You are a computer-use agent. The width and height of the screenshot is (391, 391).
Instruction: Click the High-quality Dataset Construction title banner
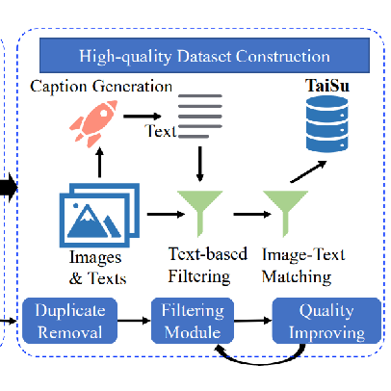[x=204, y=55]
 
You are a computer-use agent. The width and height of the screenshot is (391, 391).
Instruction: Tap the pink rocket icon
[x=94, y=123]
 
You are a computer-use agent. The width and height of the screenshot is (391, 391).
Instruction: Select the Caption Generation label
[x=101, y=87]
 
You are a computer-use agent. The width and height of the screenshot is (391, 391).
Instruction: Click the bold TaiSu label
[x=327, y=86]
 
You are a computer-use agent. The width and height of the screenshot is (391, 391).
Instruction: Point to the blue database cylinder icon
[x=327, y=124]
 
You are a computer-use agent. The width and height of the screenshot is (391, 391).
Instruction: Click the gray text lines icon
[x=200, y=117]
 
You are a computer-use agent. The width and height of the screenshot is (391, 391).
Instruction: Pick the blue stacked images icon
[x=99, y=215]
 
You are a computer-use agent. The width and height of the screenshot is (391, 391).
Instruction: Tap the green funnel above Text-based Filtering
[x=200, y=213]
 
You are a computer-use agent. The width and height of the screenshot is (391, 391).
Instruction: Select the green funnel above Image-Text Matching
[x=285, y=213]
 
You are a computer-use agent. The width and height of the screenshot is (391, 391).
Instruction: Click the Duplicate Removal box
[x=69, y=321]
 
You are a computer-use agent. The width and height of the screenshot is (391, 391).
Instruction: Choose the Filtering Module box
[x=193, y=321]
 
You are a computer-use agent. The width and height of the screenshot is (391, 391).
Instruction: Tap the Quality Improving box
[x=326, y=321]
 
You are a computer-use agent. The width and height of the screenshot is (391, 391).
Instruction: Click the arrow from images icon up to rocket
[x=99, y=163]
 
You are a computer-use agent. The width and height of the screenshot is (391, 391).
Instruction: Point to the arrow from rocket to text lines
[x=143, y=117]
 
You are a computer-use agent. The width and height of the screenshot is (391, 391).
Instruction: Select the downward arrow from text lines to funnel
[x=200, y=164]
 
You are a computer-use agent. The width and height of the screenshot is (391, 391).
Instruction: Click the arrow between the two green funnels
[x=252, y=214]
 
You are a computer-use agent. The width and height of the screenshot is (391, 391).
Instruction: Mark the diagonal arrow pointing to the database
[x=308, y=171]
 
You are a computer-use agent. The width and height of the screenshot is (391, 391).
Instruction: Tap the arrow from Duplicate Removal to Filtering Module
[x=134, y=321]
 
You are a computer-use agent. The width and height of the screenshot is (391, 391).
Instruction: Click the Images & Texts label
[x=97, y=268]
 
